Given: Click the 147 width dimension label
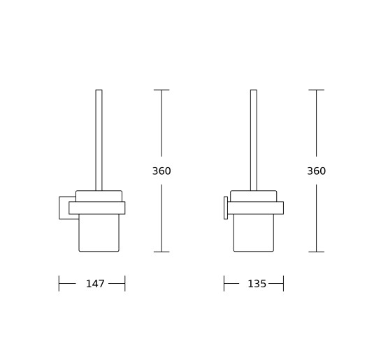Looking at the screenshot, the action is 95,284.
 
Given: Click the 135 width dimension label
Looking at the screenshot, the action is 257,284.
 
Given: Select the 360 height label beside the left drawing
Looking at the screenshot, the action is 161,171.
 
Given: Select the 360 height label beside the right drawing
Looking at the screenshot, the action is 316,171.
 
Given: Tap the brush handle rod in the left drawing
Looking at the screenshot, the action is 99,140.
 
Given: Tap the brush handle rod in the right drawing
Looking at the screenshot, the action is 254,140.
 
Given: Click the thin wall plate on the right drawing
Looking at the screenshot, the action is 226,208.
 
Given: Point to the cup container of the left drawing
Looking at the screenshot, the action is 99,233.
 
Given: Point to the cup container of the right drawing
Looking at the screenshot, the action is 254,233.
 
